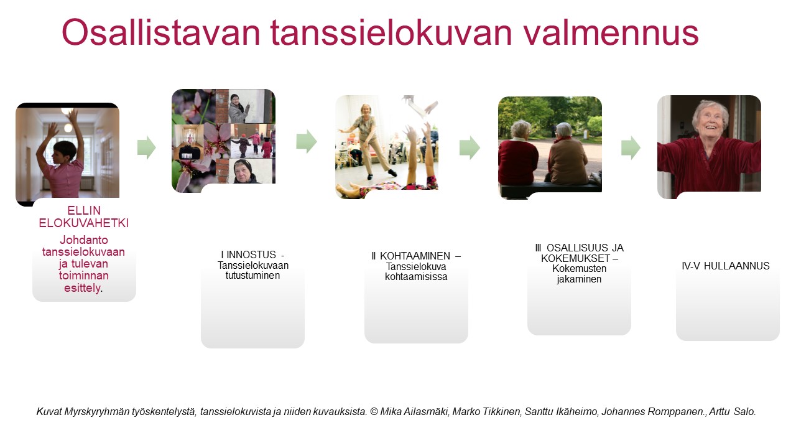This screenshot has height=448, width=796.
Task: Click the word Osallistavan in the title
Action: tap(161, 33)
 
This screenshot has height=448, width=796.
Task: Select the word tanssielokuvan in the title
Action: tap(391, 33)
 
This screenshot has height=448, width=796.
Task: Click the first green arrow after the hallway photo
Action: tap(146, 147)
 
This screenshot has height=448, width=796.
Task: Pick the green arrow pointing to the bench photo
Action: tap(470, 147)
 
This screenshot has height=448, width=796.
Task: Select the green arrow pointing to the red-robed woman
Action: tap(631, 147)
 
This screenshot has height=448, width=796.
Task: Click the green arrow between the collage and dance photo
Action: tap(307, 141)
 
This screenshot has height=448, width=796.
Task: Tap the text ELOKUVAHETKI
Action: tap(84, 223)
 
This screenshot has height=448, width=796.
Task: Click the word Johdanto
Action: tap(84, 240)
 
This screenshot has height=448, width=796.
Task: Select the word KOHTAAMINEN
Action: tap(415, 256)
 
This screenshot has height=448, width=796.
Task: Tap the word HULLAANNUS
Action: tap(737, 266)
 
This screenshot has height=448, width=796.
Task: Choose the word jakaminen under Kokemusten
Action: tap(579, 279)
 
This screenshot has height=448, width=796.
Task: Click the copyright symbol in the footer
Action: tap(374, 412)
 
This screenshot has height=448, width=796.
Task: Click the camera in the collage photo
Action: tap(190, 154)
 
